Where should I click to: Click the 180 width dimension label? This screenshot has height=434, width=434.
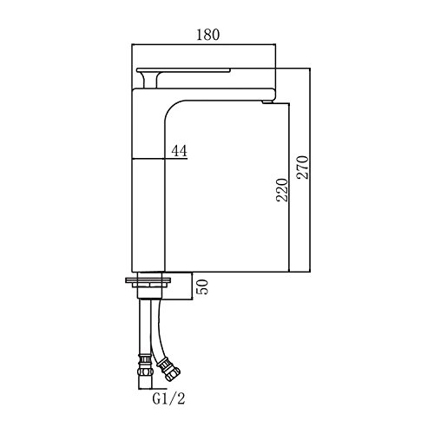click(207, 35)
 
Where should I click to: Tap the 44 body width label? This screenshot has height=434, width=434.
click(180, 150)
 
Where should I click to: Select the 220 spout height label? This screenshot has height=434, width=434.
click(282, 190)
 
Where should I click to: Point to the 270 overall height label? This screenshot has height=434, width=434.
click(303, 168)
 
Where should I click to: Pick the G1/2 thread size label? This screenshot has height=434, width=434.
click(168, 399)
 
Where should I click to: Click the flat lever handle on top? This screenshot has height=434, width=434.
click(183, 70)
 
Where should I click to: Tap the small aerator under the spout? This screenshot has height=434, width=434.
click(267, 102)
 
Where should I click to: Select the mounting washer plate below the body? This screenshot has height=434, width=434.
click(148, 280)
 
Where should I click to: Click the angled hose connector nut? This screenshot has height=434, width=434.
click(168, 370)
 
